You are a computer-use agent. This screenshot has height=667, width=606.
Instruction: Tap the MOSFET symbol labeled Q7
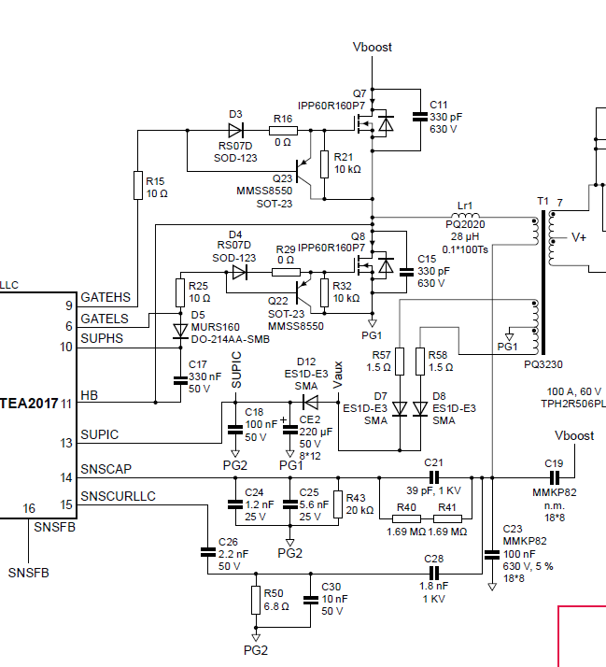[x=379, y=121]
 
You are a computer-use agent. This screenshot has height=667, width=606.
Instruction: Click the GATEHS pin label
[x=105, y=298]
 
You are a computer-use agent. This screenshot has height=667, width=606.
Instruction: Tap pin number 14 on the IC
[x=66, y=477]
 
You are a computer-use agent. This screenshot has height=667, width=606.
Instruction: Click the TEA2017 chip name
[x=28, y=404]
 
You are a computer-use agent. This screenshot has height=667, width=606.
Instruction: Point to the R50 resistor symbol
[x=253, y=599]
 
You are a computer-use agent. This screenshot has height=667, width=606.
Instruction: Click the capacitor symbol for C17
[x=179, y=379]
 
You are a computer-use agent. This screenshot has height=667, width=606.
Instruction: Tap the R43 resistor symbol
[x=338, y=504]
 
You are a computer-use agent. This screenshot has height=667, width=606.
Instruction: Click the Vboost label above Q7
[x=373, y=47]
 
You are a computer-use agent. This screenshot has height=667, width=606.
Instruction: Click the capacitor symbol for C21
[x=432, y=477]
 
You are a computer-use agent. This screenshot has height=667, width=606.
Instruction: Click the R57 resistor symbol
[x=400, y=362]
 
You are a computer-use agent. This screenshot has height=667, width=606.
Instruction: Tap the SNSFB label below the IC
[x=27, y=571]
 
